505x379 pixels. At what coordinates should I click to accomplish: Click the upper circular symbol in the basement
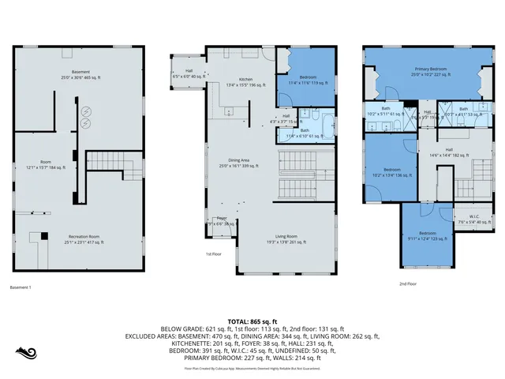[x=85, y=111]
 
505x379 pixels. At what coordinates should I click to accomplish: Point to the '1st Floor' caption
[x=213, y=253]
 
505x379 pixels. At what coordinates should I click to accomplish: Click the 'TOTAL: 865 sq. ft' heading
[x=252, y=321]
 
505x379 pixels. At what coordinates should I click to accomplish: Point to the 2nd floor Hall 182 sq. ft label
[x=448, y=152]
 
